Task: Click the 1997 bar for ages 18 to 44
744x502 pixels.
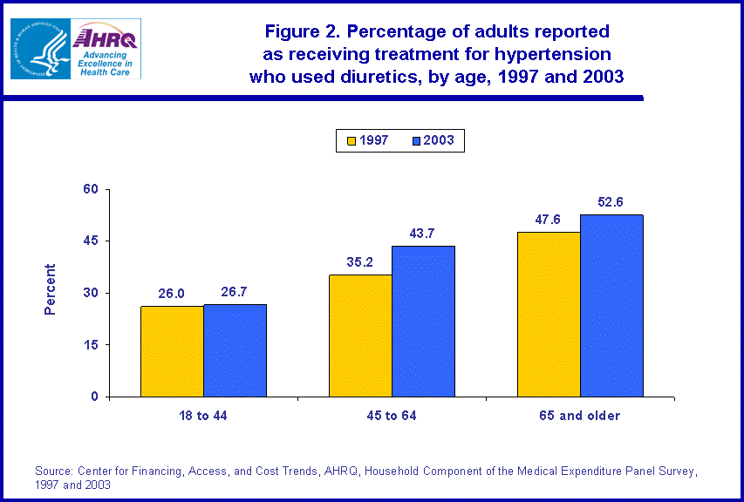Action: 172,351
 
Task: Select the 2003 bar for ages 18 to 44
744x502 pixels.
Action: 235,350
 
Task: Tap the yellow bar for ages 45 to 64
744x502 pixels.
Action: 360,336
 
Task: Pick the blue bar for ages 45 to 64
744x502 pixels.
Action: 423,321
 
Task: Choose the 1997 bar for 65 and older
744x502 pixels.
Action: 549,314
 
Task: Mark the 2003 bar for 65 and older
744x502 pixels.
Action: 611,305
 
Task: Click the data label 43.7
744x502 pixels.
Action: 423,234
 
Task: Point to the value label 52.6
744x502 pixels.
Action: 611,202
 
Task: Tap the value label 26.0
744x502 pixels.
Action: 172,294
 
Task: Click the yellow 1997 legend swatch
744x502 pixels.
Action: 352,140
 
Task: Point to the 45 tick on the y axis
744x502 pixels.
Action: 92,241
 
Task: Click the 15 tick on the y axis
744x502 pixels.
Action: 92,345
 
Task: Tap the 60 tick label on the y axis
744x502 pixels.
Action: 92,189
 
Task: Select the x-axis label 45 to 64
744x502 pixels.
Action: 392,416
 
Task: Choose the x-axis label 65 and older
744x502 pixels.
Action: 580,416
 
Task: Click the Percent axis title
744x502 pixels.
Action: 50,289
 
